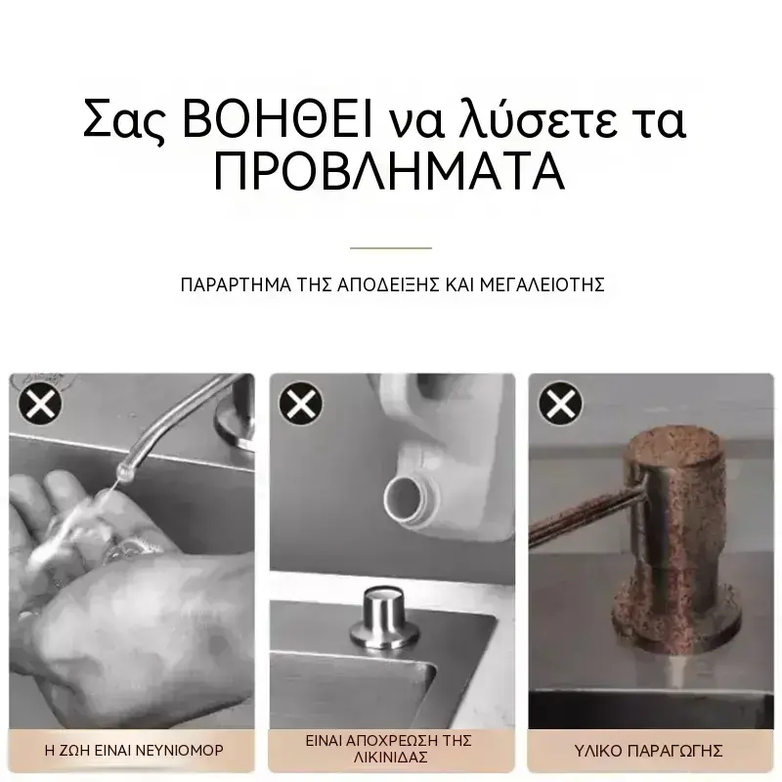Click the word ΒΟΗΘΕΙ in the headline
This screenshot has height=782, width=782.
(278, 119)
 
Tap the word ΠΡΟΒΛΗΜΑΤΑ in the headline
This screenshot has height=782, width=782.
(389, 171)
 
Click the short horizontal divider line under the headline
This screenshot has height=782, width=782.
(390, 248)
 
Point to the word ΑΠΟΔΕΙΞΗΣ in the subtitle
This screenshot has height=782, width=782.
(388, 284)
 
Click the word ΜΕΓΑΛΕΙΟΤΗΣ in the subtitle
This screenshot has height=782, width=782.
(543, 284)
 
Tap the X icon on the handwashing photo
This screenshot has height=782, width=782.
(40, 404)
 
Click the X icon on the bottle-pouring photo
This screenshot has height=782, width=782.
(301, 404)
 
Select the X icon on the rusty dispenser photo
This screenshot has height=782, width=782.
(560, 404)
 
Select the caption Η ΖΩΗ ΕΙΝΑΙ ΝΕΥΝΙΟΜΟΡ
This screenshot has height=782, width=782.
(134, 750)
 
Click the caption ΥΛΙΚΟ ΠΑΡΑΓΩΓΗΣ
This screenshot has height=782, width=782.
(648, 751)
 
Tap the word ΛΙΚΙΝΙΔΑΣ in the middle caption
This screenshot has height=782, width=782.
(391, 758)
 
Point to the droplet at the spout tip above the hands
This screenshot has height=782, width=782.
(121, 471)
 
